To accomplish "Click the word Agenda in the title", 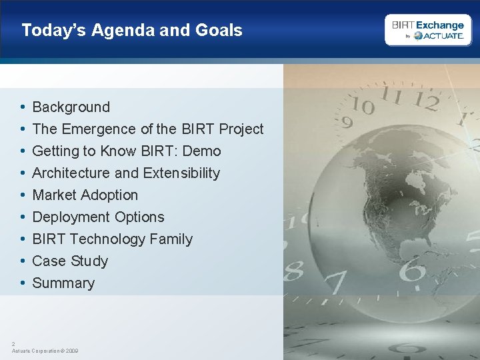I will click(x=118, y=30).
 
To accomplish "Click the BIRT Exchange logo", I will click(x=427, y=30).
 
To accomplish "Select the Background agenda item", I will click(x=71, y=107).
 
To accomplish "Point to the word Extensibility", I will click(x=181, y=173).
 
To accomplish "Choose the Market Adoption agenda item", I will click(x=85, y=195).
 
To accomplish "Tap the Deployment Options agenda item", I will click(x=98, y=217).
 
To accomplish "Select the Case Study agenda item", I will click(x=70, y=261).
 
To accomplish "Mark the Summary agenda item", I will click(x=63, y=283).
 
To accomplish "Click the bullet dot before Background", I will click(x=22, y=107).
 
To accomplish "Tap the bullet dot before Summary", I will click(x=22, y=283).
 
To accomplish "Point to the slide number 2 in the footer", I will click(x=13, y=343).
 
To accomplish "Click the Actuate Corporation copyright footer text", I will click(x=45, y=350).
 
